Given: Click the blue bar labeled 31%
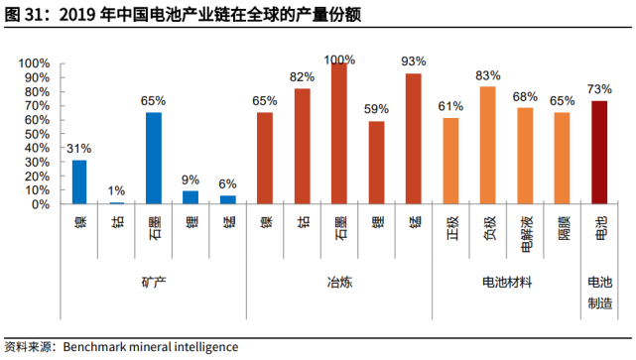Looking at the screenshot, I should [79, 182].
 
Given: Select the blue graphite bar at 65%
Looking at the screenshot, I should [154, 159].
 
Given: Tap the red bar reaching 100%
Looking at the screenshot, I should [339, 134].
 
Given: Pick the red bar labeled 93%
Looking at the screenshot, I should [414, 139].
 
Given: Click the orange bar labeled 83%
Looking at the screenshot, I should [488, 146].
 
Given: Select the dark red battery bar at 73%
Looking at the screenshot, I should [599, 153].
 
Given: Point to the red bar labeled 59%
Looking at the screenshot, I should [377, 163].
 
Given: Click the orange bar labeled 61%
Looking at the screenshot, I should [450, 162].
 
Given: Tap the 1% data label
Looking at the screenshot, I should [116, 190].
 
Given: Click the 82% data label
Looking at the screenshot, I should [303, 76].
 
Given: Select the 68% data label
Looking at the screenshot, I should [525, 96].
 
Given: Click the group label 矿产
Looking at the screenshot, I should [154, 284].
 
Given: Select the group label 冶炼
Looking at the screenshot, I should [339, 284].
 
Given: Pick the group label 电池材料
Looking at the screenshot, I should [506, 284].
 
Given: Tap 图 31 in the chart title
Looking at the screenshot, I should [24, 13].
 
